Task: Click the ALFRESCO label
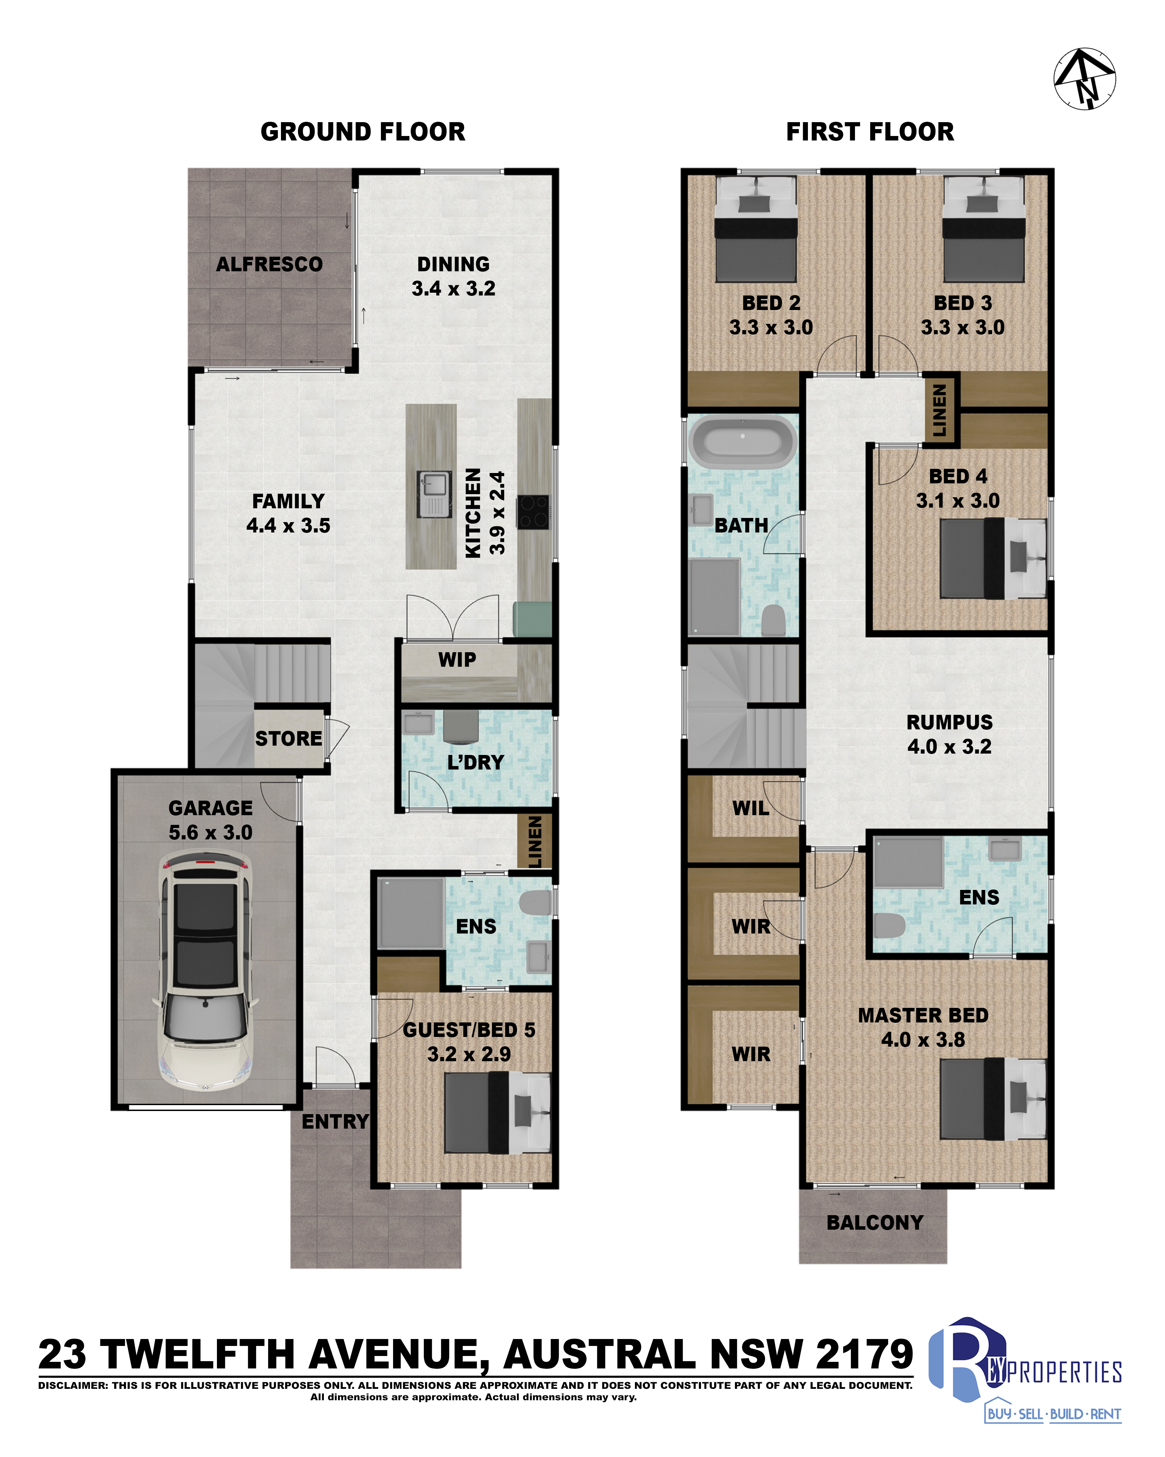pos(269,264)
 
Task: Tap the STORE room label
pos(289,739)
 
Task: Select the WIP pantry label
pos(457,659)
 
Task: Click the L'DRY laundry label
pos(476,762)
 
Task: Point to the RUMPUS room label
pos(949,722)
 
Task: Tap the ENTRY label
pos(335,1122)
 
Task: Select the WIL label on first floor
pos(750,808)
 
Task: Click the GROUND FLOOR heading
pos(363,132)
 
